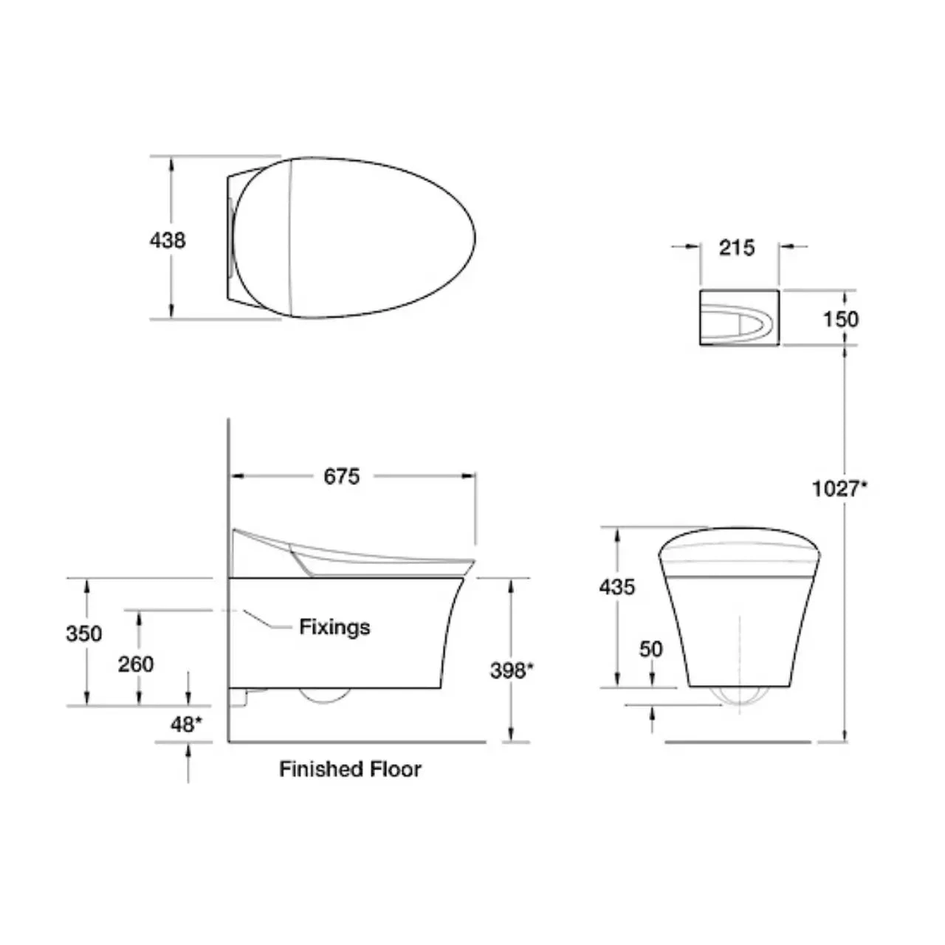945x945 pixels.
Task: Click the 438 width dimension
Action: [x=168, y=241]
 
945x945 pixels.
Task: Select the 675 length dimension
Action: [x=341, y=477]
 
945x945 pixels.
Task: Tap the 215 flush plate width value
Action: [x=737, y=247]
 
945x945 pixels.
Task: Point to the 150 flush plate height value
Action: [x=841, y=319]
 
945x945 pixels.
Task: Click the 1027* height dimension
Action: [x=839, y=489]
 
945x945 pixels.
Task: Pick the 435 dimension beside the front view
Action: [x=616, y=587]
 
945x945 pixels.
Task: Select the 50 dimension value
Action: [x=651, y=649]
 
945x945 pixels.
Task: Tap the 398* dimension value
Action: [x=512, y=670]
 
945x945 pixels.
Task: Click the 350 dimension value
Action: [x=84, y=633]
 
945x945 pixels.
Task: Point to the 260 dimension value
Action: [x=136, y=664]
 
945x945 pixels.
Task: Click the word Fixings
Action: [x=334, y=628]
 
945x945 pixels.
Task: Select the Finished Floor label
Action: [x=350, y=769]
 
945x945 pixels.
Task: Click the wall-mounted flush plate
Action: [x=738, y=318]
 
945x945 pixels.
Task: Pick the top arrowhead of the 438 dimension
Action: [x=172, y=163]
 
